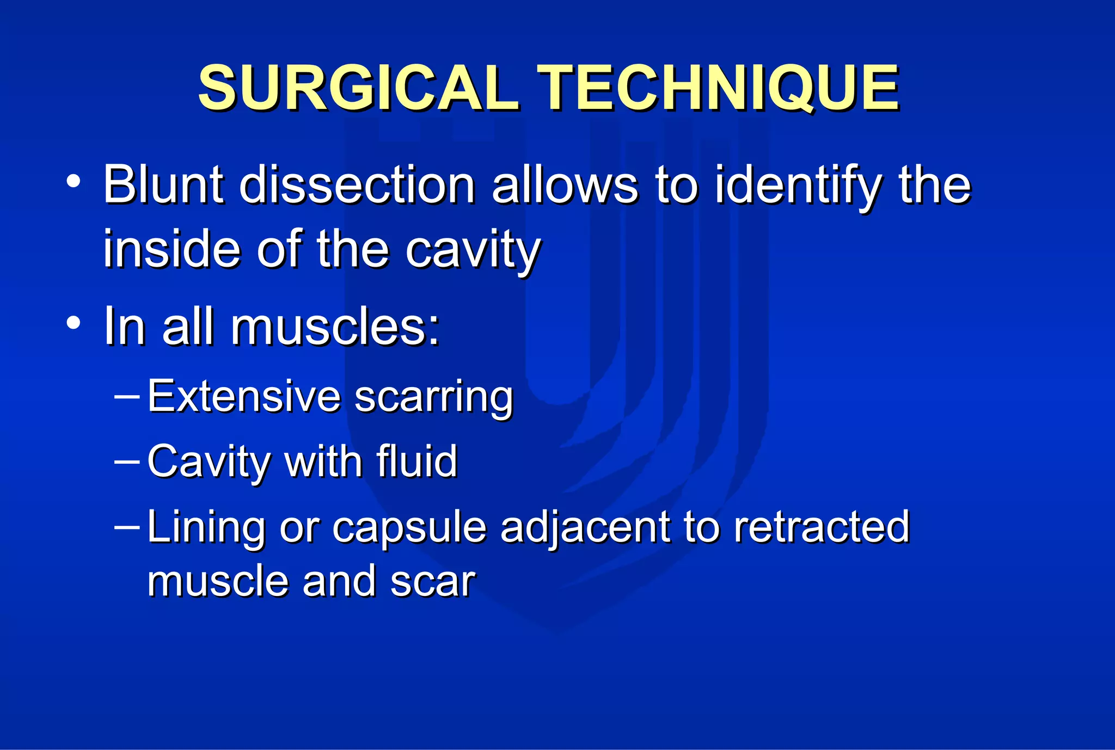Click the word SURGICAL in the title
click(357, 88)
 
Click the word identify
click(797, 186)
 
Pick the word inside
click(171, 249)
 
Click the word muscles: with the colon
click(335, 327)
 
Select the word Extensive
click(244, 396)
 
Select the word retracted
click(821, 527)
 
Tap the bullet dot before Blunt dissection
click(74, 182)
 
